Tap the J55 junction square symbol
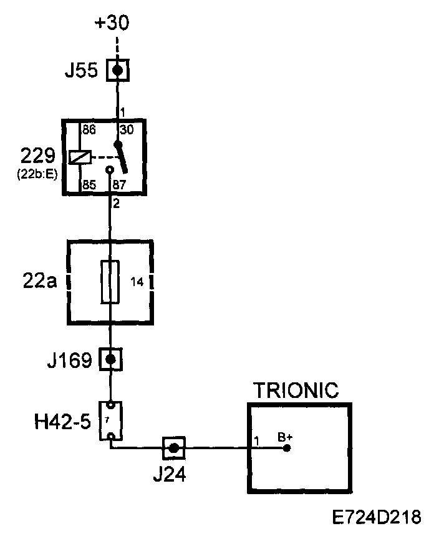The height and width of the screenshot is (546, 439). tap(117, 69)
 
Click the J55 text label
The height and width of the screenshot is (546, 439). tap(82, 71)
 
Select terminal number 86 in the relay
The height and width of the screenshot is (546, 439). tap(89, 130)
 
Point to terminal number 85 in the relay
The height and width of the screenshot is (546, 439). tap(89, 186)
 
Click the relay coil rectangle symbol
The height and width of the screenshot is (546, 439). tap(81, 157)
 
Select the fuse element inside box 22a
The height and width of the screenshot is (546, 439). tap(110, 281)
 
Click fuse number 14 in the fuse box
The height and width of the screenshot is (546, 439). tap(137, 282)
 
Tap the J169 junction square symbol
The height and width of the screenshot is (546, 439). tap(110, 359)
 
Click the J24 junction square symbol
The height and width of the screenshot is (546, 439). tap(174, 447)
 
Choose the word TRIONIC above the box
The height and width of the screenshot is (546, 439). tap(296, 391)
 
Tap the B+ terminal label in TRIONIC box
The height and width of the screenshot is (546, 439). tap(285, 437)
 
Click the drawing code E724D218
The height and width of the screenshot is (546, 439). tap(377, 518)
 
